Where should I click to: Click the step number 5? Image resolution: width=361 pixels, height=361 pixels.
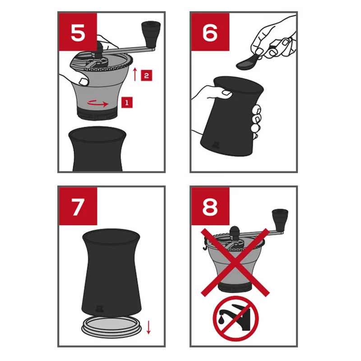78,32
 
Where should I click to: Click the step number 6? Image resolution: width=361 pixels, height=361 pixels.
210,32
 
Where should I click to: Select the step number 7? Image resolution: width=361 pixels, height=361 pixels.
77,207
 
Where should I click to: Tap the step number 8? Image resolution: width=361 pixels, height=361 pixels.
210,207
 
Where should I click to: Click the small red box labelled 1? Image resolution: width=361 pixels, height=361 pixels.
127,102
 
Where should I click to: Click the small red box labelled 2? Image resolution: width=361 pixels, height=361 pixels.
146,75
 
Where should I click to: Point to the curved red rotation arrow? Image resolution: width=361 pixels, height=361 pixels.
98,103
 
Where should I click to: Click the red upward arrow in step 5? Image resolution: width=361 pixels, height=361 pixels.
135,74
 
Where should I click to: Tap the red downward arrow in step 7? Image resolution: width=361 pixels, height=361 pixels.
148,327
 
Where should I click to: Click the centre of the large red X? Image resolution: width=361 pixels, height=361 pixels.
235,263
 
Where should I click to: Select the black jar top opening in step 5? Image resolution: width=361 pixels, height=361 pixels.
97,134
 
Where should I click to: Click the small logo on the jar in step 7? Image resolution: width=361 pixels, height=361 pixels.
100,309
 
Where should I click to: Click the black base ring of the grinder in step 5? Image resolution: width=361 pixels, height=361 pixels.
97,114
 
